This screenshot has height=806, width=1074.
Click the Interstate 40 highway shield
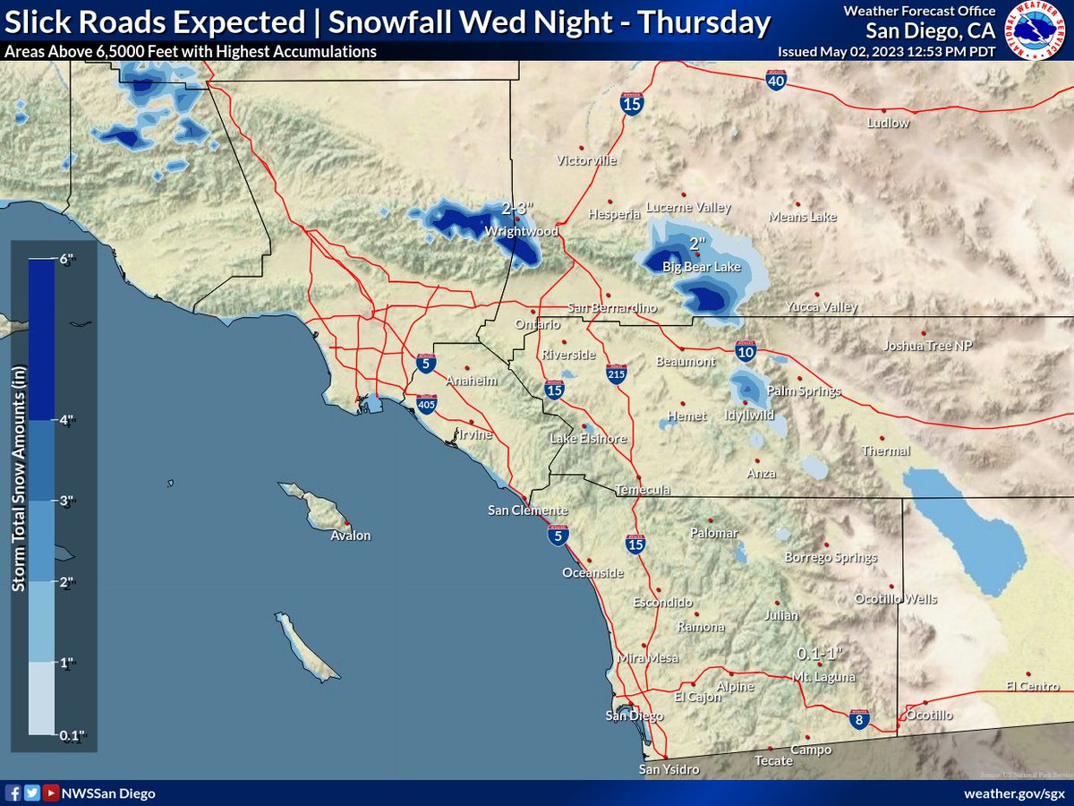776,81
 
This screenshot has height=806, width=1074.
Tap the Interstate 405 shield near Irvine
427,405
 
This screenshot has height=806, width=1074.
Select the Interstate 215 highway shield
616,373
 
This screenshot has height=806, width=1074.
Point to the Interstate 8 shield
858,718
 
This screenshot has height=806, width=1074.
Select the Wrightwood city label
521,231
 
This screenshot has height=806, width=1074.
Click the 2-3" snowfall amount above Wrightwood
517,209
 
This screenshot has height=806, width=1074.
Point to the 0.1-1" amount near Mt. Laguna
821,653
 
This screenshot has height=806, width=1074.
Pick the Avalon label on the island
350,536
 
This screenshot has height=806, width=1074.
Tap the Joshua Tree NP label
927,346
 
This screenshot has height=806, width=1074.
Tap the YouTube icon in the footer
51,793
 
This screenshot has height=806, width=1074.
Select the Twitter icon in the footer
32,793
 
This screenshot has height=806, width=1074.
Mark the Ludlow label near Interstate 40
888,123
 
